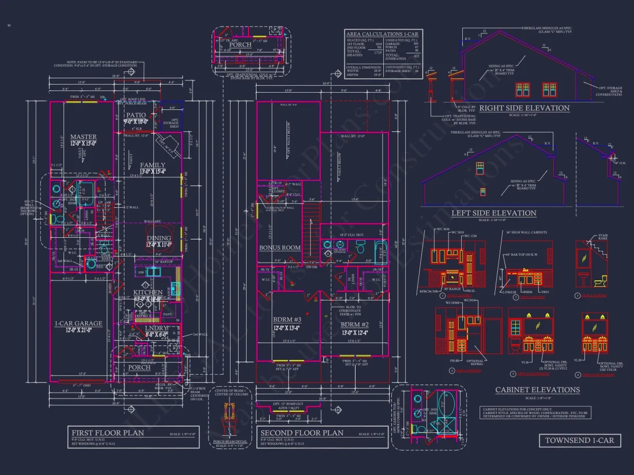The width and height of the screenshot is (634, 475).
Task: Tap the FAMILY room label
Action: [x=152, y=165]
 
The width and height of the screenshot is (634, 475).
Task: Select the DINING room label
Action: [x=159, y=238]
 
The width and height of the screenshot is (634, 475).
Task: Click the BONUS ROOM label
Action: [x=280, y=248]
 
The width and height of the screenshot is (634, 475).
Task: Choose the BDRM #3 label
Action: [x=287, y=320]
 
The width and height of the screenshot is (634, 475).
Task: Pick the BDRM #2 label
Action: [x=354, y=324]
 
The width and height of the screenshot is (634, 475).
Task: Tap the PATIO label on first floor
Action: [x=137, y=115]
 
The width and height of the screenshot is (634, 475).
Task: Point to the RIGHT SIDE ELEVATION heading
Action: [x=524, y=108]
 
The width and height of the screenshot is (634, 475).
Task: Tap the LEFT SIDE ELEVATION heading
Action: [x=493, y=213]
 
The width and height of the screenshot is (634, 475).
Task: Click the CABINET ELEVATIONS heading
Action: [x=537, y=390]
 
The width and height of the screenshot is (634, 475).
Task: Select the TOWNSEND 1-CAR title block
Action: [x=580, y=440]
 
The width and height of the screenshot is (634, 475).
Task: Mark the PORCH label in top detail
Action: [x=241, y=44]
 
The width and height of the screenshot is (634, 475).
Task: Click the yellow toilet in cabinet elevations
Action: [x=599, y=281]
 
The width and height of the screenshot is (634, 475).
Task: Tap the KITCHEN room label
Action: [x=149, y=292]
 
